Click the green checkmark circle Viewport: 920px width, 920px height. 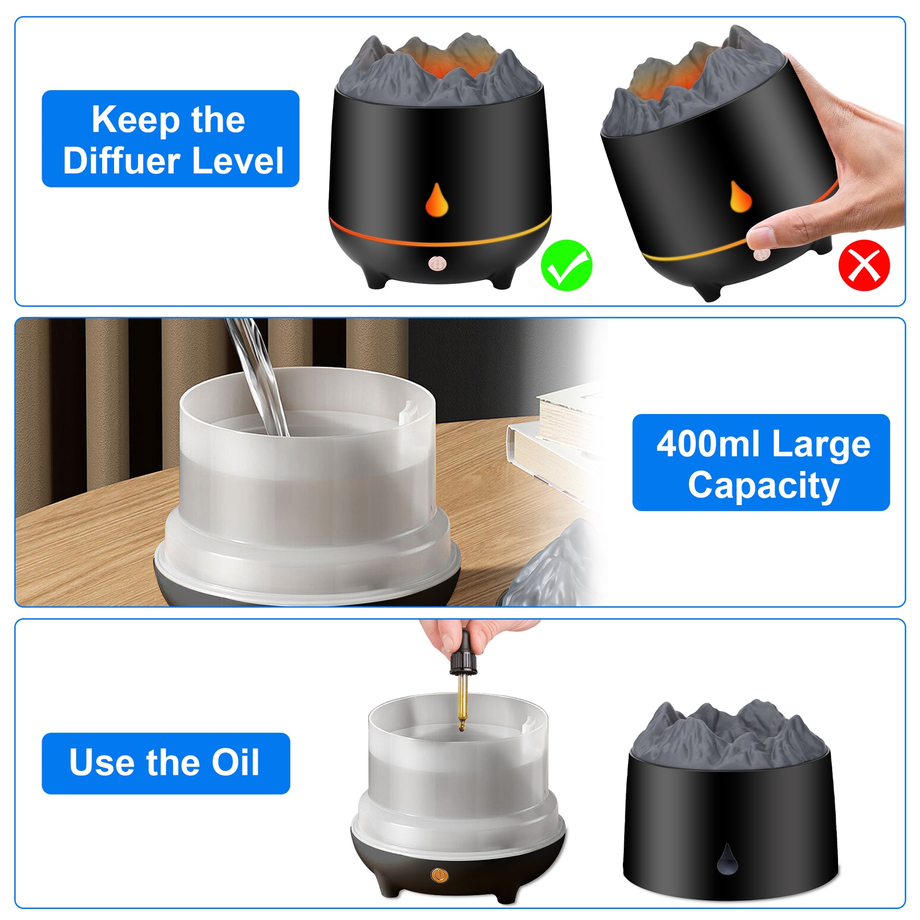(566, 265)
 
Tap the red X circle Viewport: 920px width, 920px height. (864, 265)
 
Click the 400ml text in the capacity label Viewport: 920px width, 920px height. (708, 444)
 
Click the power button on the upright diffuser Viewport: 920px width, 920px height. (437, 263)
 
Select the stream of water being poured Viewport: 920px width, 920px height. (258, 376)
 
